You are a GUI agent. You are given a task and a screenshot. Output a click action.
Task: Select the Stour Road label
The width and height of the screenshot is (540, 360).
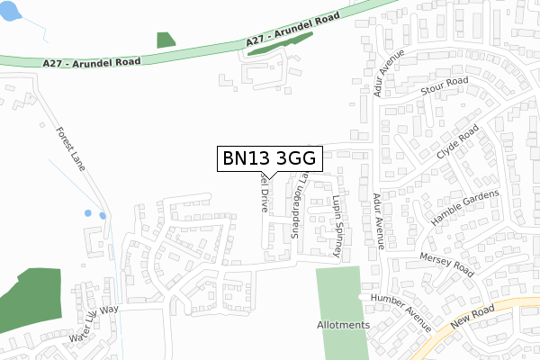point(445,86)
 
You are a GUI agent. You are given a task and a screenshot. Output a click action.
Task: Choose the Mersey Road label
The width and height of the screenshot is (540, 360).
point(445,264)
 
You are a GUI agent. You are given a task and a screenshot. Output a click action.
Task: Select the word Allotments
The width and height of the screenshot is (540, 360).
point(343,325)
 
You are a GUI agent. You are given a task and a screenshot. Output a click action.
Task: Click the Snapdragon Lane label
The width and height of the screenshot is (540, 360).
point(296,209)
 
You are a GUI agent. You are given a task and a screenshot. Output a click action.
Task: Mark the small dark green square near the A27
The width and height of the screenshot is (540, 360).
point(166,40)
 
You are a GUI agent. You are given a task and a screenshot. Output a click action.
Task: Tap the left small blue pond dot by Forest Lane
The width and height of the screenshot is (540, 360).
point(87,214)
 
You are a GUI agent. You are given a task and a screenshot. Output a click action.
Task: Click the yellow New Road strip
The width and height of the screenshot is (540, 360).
point(504,307)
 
